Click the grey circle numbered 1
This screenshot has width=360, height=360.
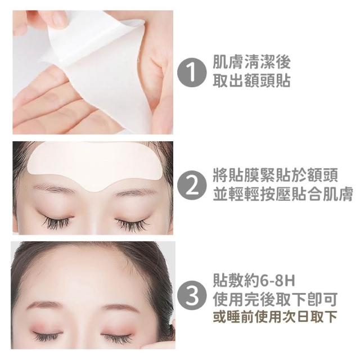tap(191, 71)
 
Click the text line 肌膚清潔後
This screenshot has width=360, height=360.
tap(251, 62)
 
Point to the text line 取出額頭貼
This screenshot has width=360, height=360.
tap(251, 80)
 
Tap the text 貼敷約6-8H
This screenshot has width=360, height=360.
tap(254, 281)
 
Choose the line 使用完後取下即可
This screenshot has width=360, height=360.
tap(275, 299)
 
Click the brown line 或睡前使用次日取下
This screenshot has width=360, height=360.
tap(275, 317)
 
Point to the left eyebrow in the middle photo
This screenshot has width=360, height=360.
tap(55, 189)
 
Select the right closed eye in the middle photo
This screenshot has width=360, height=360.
tap(133, 223)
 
